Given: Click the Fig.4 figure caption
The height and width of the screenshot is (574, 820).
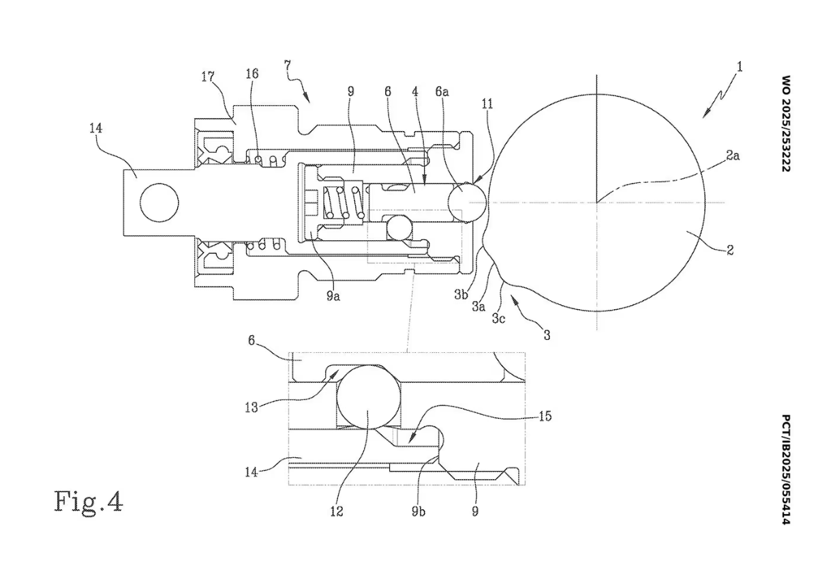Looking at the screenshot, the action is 89,502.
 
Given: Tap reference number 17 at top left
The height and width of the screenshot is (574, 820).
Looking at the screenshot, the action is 208,77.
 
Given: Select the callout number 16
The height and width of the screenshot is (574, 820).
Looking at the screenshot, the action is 252,74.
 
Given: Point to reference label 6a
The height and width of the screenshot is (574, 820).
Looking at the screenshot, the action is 442,91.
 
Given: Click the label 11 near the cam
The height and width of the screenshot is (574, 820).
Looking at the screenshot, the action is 487,104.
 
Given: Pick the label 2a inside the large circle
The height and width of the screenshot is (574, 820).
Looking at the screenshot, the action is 733,156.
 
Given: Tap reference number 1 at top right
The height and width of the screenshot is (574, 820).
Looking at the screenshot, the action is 740,67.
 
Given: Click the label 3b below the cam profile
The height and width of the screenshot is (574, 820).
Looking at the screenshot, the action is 461,294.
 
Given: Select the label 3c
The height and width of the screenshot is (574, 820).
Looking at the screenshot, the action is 498,319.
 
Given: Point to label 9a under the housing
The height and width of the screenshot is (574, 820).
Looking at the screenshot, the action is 333,296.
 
